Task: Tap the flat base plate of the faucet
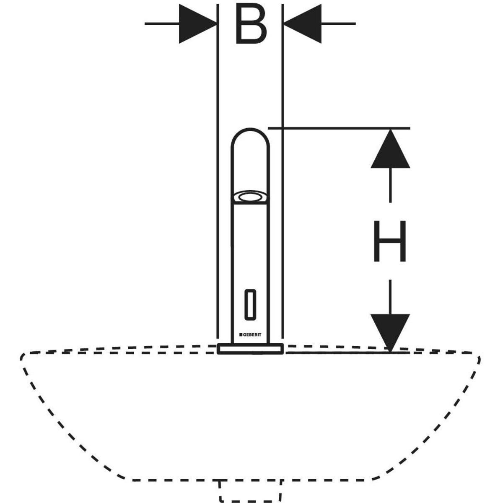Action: click(x=251, y=348)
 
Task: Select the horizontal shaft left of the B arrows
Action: click(x=161, y=23)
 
